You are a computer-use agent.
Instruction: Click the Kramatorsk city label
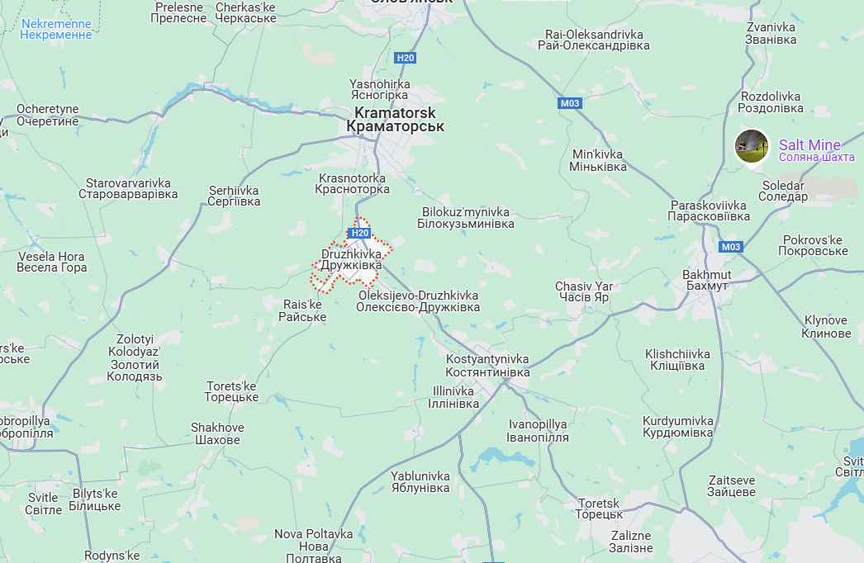tap(395, 120)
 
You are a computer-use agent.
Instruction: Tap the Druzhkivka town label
tap(351, 260)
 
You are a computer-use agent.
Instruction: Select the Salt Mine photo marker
tap(752, 146)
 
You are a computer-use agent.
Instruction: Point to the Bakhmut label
tap(706, 280)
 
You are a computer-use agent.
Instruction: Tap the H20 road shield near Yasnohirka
tap(406, 58)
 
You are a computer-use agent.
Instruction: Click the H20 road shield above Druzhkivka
tap(359, 233)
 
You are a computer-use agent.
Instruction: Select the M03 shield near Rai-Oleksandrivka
tap(570, 103)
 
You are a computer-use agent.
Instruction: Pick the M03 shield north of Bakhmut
tap(730, 247)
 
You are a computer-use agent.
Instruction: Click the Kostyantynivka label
tap(487, 366)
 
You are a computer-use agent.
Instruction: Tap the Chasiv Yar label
tap(583, 291)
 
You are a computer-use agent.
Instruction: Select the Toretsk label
tap(600, 509)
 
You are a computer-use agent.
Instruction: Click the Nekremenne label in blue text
tap(55, 30)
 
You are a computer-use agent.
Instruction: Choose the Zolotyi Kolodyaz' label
tap(135, 357)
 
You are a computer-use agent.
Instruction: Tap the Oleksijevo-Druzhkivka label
tap(418, 301)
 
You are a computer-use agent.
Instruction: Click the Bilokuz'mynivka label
tap(466, 218)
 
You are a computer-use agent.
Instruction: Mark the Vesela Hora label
tap(52, 262)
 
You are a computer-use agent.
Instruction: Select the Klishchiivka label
tap(677, 360)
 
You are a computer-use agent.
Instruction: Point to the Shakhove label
tap(217, 433)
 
